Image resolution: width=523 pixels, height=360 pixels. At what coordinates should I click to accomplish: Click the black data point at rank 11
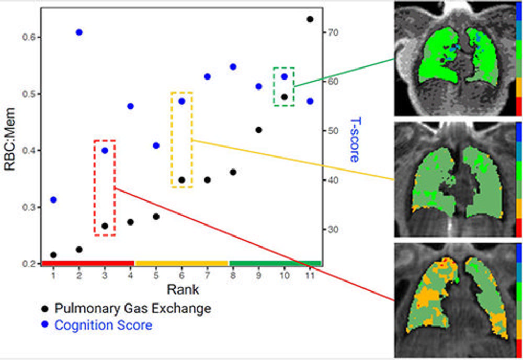coord(310,19)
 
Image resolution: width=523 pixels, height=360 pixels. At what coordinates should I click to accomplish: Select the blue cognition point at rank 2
coord(79,32)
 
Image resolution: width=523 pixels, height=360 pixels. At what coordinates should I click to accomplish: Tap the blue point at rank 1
coord(53,200)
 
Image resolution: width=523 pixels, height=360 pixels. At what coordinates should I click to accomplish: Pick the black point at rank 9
coord(259,130)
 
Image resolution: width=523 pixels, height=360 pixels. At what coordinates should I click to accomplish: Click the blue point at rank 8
coord(233,66)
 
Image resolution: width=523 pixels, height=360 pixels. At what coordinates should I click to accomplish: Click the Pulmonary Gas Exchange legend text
coord(133,308)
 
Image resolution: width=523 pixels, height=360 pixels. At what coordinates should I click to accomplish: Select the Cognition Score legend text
coord(104,325)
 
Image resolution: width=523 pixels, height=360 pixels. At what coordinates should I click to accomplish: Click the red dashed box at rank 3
coord(105,187)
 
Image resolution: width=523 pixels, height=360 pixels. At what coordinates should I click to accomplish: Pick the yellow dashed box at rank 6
coord(182,140)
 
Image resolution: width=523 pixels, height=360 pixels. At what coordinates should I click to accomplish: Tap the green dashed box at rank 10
coord(284,87)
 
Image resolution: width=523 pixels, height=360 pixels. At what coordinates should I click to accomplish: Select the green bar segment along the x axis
coord(275,263)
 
